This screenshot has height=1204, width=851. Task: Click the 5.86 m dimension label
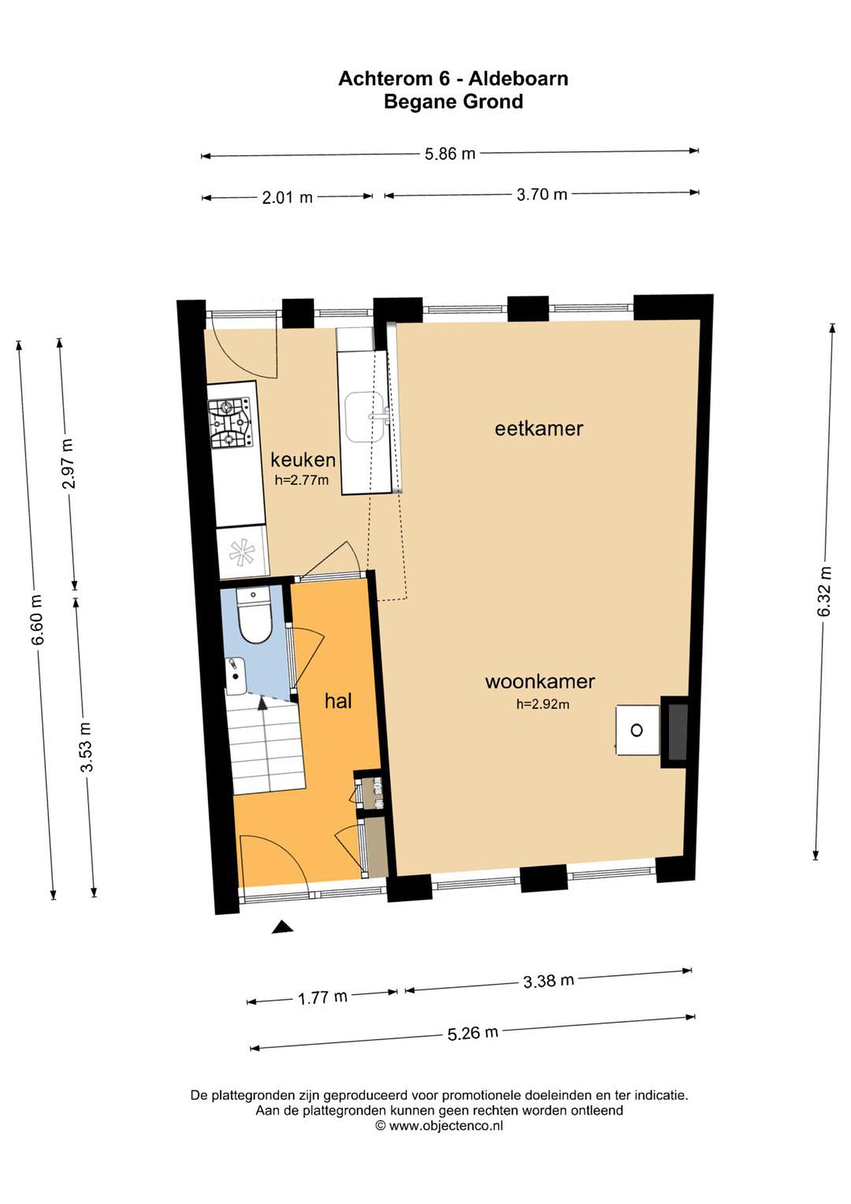450,154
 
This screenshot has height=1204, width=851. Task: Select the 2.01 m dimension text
287,198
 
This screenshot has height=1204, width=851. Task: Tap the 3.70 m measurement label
542,194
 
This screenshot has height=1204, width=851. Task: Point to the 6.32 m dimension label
825,592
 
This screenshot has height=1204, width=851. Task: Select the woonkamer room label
540,682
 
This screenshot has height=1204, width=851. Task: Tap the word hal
338,701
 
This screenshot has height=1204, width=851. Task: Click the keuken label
303,460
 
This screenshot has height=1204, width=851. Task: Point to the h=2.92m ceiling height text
542,704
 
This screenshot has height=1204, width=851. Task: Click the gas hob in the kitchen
229,422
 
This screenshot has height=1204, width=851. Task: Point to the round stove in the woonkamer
637,730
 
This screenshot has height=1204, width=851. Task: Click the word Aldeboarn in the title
517,79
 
